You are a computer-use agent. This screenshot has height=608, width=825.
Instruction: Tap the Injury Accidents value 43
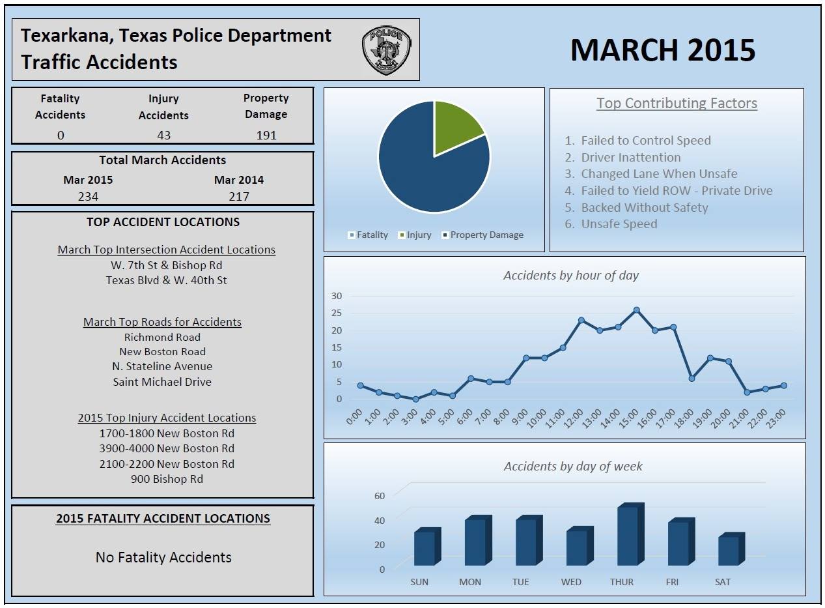pos(163,135)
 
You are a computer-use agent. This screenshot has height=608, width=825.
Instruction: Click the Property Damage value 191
pos(266,135)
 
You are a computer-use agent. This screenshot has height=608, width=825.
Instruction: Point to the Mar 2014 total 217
pos(239,196)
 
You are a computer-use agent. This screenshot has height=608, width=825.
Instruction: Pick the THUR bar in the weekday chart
pos(629,535)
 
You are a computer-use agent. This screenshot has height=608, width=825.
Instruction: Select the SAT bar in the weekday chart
pos(730,550)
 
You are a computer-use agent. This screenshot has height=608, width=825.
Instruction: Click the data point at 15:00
pos(636,310)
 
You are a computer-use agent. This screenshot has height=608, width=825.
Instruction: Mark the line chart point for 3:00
pos(415,399)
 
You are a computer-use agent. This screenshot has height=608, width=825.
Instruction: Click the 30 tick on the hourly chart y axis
pos(336,295)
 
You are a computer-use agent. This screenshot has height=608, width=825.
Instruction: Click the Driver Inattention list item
pos(630,157)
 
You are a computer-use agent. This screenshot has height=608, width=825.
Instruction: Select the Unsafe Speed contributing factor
pos(619,224)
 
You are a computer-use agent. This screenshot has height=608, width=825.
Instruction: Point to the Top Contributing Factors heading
pos(677,103)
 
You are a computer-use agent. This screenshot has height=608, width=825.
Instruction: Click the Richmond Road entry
pos(162,337)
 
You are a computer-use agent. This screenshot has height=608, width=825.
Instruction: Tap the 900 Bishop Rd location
pos(167,479)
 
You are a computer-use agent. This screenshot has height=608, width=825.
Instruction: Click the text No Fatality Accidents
pos(163,557)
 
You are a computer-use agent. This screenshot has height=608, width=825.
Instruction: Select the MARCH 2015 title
pos(662,50)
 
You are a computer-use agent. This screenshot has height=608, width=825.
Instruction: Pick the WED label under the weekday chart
pos(571,582)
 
